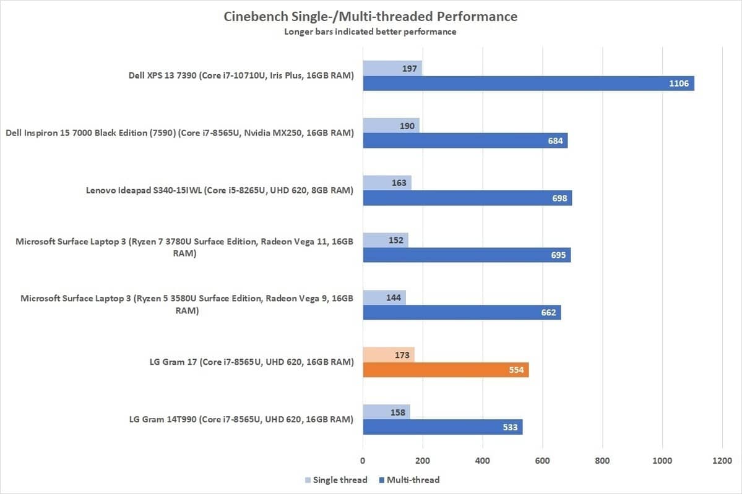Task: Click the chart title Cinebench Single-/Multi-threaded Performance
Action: [371, 16]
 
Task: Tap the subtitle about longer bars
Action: [371, 32]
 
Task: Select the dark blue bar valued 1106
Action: [528, 83]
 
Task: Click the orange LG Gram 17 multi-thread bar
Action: [446, 370]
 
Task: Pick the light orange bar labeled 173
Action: [389, 355]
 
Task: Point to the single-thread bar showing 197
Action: [392, 68]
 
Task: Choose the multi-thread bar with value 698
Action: [467, 198]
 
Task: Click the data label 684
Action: [556, 141]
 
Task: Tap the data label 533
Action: [511, 427]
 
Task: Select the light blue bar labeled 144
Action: [384, 297]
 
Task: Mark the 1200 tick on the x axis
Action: [722, 461]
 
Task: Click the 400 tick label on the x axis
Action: [482, 461]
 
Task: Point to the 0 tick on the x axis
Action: [363, 461]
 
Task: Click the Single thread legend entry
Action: [336, 480]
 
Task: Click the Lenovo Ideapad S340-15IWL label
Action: [220, 190]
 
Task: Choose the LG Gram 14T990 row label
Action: [241, 420]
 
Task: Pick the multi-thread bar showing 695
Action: [466, 255]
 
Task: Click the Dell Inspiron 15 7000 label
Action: [179, 133]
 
